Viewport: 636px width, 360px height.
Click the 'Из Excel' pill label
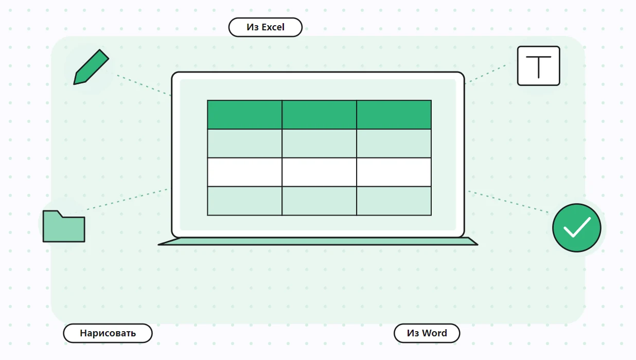tap(265, 27)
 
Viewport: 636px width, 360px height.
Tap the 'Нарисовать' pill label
tap(108, 333)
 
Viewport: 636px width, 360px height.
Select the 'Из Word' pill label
tap(427, 333)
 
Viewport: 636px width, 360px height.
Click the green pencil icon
tap(91, 67)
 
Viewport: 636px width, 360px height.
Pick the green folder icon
tap(64, 226)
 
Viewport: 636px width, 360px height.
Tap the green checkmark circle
tap(577, 227)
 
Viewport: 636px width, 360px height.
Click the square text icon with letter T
tap(539, 66)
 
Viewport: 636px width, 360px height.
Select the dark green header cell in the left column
tap(244, 115)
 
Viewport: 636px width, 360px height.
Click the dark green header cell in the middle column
tap(319, 115)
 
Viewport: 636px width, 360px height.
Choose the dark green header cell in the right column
tap(394, 115)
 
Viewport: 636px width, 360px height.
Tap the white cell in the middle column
tap(319, 172)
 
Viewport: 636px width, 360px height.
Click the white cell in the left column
tap(244, 172)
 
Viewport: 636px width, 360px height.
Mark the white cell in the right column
tap(394, 172)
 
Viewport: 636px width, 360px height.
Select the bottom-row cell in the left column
tap(244, 201)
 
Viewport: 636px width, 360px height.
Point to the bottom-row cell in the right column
tap(394, 201)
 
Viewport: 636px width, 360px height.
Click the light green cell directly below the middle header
tap(319, 143)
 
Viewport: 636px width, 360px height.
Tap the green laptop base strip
tap(318, 241)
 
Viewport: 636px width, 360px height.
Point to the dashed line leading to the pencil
tap(144, 85)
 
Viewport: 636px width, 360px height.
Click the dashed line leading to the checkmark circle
tap(508, 202)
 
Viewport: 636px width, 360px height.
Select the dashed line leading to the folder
tap(127, 200)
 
